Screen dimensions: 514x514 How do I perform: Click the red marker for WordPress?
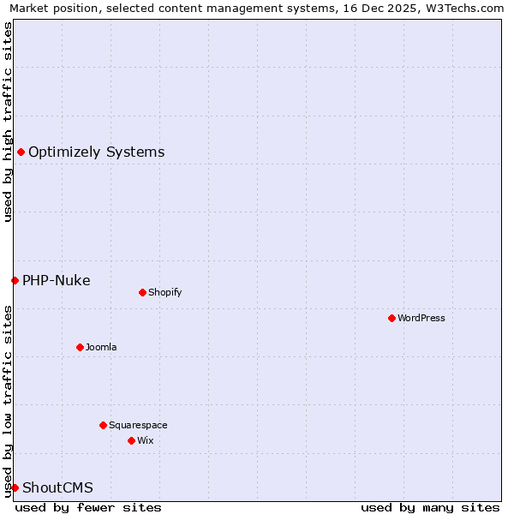[391, 318]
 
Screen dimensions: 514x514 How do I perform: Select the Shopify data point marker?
[142, 292]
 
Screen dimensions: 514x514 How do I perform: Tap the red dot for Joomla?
[80, 347]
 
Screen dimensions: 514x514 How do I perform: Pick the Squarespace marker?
[103, 425]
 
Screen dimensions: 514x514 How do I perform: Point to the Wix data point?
[131, 440]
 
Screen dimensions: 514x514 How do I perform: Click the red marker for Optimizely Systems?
[21, 152]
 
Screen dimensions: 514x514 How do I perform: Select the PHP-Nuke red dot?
[15, 280]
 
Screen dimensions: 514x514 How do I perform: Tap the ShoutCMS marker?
[15, 487]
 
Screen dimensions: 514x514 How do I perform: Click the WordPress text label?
[421, 318]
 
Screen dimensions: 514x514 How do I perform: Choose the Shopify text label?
[165, 292]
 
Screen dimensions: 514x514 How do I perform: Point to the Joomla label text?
[101, 347]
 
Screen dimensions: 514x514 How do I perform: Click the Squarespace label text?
[138, 425]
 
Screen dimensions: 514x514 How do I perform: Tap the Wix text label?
[146, 440]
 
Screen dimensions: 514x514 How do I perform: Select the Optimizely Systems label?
[97, 152]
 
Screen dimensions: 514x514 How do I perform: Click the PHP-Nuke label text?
[57, 281]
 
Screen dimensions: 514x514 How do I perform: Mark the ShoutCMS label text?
[57, 488]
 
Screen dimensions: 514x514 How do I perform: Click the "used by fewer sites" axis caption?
[88, 507]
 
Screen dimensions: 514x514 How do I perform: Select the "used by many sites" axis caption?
[430, 507]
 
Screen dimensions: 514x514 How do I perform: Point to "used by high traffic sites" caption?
[9, 122]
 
